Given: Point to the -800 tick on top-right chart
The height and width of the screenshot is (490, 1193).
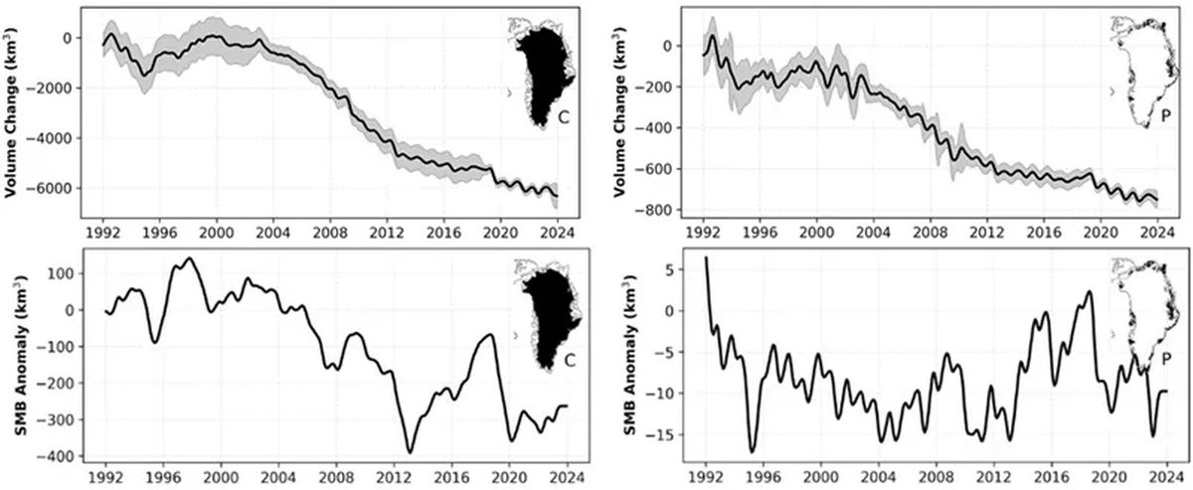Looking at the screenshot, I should click(x=668, y=210).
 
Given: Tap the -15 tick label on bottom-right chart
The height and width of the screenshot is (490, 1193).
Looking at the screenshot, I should click(x=664, y=435).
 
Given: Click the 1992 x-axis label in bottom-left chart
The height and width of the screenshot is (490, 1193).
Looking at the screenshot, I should click(x=103, y=476).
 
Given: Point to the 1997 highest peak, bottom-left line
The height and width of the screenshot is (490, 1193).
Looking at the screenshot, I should click(x=190, y=258).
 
